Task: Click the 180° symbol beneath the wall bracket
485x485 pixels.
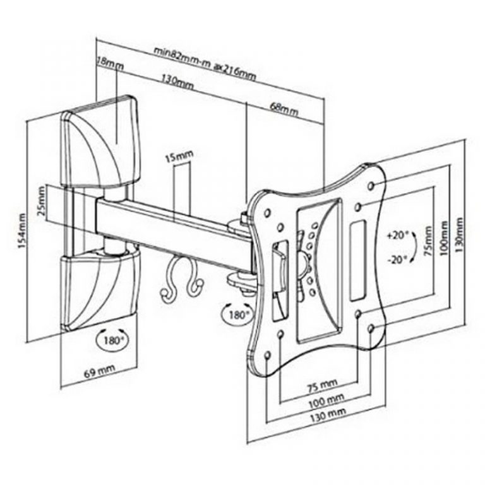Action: tap(111, 340)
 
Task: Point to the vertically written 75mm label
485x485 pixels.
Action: tap(429, 242)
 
